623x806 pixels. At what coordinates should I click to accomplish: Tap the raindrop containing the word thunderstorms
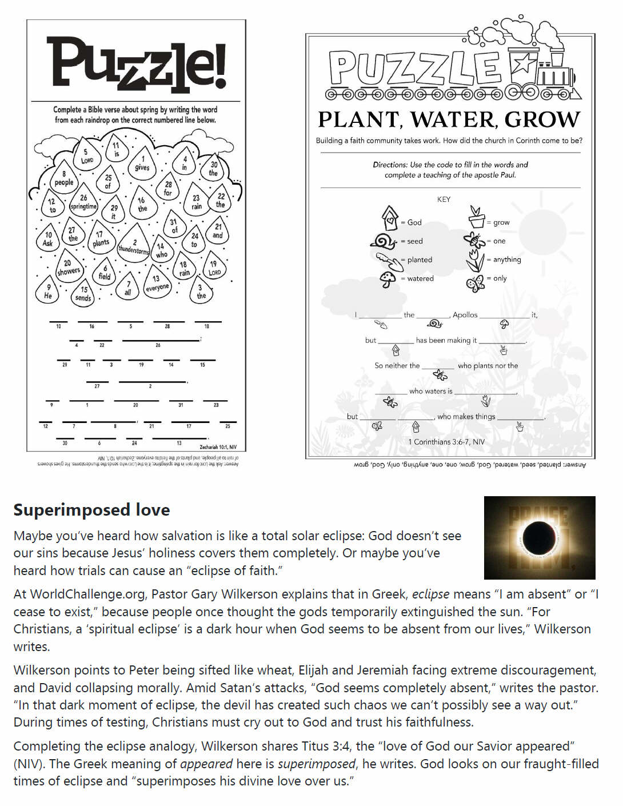click(134, 246)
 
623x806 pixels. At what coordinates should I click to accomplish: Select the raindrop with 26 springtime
click(83, 203)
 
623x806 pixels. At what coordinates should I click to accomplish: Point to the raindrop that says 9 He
click(48, 292)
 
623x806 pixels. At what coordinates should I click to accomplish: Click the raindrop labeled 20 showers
click(68, 267)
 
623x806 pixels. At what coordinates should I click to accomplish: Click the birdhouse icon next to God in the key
click(390, 218)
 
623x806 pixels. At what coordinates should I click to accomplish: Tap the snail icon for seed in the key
click(384, 241)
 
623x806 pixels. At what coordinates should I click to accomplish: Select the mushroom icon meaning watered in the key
click(388, 280)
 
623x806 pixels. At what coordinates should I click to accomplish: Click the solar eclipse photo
click(539, 537)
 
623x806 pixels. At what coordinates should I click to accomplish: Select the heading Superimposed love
click(91, 509)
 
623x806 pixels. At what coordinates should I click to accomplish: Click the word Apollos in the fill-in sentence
click(465, 315)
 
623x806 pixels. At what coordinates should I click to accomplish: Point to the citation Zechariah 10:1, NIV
click(218, 447)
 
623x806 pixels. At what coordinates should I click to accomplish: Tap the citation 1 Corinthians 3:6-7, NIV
click(446, 442)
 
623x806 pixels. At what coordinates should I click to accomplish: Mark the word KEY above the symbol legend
click(444, 199)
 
